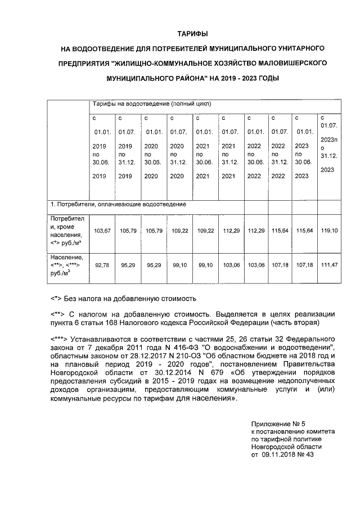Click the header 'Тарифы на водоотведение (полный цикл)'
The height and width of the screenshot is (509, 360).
pyautogui.click(x=147, y=105)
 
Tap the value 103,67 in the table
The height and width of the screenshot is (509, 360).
pyautogui.click(x=102, y=230)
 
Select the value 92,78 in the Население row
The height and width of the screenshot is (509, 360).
pyautogui.click(x=102, y=264)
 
